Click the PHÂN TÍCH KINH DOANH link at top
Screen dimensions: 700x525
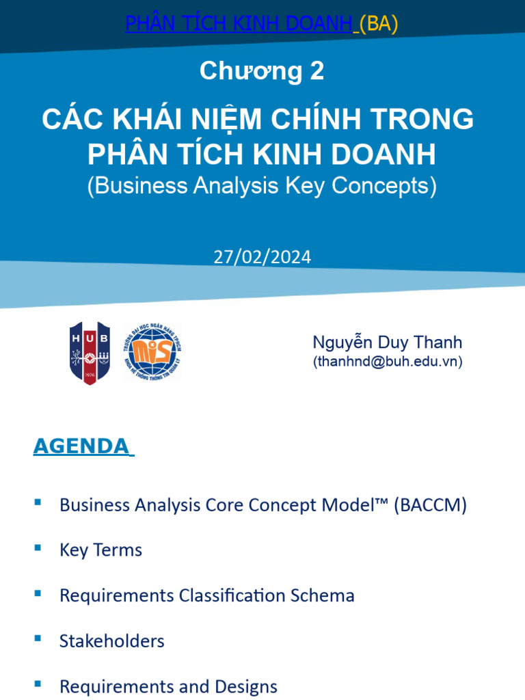pos(239,23)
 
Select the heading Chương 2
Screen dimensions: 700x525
pos(262,71)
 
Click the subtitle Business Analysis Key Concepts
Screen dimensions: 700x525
pos(262,186)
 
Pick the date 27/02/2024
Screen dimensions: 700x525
pos(262,257)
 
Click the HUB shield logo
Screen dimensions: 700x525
pos(90,353)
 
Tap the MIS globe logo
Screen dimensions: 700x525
pos(152,351)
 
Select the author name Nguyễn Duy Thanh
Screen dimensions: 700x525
pos(388,342)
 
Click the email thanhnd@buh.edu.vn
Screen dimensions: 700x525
pos(388,362)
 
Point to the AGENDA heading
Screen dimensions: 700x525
pos(81,446)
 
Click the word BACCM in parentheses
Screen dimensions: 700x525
pos(430,505)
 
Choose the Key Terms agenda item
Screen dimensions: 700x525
pos(100,550)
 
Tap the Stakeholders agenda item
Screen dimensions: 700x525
pos(112,641)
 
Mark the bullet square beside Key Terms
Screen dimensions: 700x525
pos(38,548)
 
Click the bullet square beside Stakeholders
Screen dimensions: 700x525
pos(38,638)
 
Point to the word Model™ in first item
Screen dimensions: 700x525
pos(352,505)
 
